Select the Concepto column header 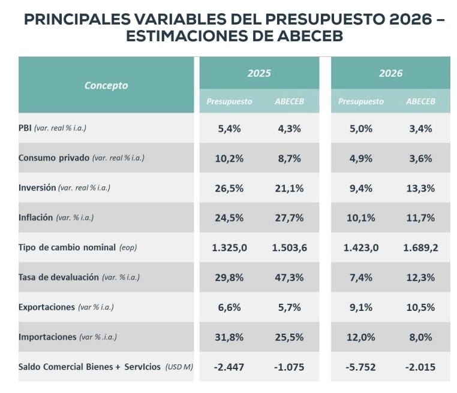point(106,85)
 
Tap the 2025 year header point(259,73)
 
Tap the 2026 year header point(390,73)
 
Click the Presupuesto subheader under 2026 point(361,101)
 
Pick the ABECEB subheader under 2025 point(289,101)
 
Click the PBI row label point(26,128)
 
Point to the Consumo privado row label point(54,158)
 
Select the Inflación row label point(36,217)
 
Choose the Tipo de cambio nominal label point(67,247)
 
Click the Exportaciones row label point(47,307)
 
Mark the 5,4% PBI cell point(229,128)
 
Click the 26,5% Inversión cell point(229,188)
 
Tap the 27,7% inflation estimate point(289,217)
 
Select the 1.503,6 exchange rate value point(289,247)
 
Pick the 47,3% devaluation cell point(289,277)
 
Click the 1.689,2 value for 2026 point(420,247)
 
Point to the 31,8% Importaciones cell point(229,337)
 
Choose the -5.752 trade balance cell point(361,367)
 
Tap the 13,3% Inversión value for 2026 point(420,188)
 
